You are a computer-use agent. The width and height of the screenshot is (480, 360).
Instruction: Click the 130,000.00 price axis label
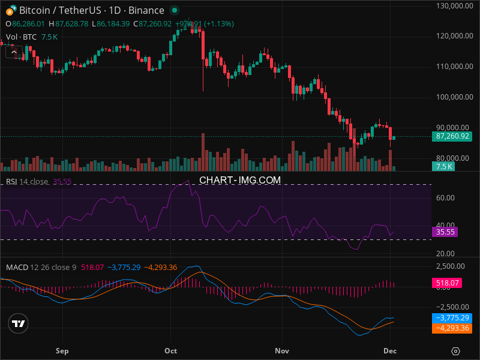coord(453,5)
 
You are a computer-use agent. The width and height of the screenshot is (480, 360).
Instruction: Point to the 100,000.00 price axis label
coord(453,97)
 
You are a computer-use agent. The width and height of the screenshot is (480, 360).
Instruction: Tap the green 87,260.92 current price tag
coord(453,136)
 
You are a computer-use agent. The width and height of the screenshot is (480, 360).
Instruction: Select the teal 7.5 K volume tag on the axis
coord(444,166)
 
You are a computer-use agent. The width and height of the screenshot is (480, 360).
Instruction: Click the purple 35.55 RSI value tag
coord(446,232)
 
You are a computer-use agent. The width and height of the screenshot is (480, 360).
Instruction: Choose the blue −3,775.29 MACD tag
coord(451,318)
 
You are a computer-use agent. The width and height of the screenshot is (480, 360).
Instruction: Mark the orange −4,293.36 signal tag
coord(451,328)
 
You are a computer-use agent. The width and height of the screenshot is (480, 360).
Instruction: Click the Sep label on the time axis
coord(62,350)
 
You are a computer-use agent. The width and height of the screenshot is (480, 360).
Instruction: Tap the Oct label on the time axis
coord(171,350)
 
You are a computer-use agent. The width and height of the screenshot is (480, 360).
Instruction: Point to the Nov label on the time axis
coord(281,350)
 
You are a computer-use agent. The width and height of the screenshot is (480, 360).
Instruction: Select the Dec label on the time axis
coord(390,350)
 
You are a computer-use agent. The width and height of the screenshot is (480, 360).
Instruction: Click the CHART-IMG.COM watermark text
coord(240,180)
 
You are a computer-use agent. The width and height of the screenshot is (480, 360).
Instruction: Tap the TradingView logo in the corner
coord(19,323)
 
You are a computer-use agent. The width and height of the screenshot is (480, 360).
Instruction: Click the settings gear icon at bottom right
coord(456,351)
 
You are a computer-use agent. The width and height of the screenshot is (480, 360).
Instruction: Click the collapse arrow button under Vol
coord(13,52)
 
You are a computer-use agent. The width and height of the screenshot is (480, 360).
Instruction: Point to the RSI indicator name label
coord(11,182)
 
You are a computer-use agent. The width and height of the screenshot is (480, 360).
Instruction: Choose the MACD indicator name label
coord(17,267)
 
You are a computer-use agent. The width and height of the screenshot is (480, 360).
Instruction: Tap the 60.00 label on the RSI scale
coord(445,197)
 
